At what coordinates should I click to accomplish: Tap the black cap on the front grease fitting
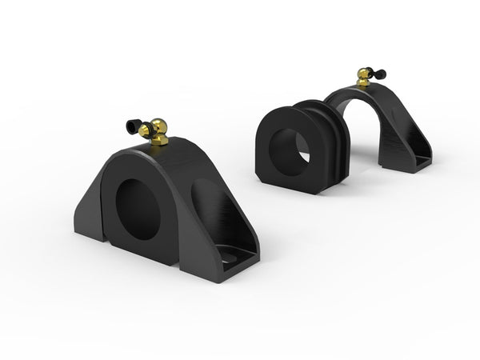pyautogui.click(x=133, y=126)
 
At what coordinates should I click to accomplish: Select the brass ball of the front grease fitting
pyautogui.click(x=159, y=127)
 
